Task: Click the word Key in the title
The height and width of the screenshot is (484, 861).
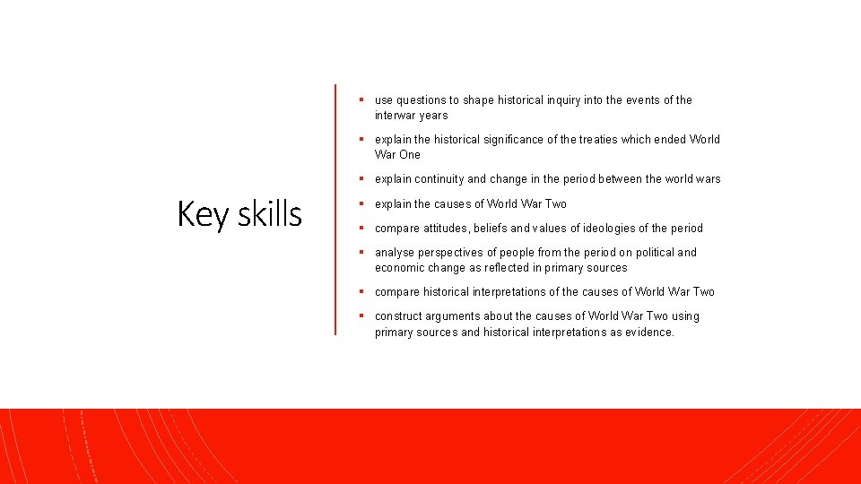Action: [198, 215]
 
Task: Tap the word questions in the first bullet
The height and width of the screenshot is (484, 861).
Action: [425, 100]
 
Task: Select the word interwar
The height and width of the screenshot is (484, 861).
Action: [396, 116]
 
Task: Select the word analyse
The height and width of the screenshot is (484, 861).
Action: [396, 252]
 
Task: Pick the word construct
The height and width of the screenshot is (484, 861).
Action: [400, 315]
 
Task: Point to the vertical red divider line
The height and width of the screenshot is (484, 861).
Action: [335, 210]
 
